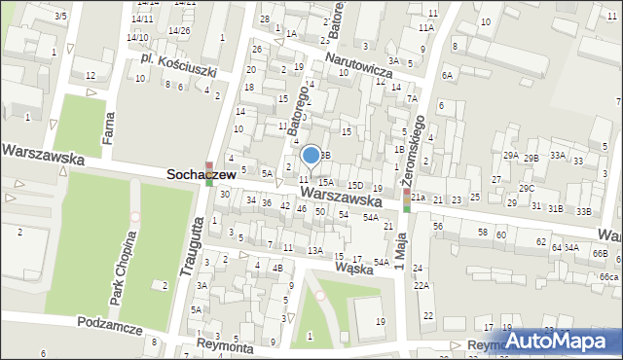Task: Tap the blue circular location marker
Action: [x=311, y=155]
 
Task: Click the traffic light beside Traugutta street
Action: [x=209, y=174]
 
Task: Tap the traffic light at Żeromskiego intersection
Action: [x=407, y=199]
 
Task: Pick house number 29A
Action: [x=510, y=156]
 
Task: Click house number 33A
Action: [x=558, y=156]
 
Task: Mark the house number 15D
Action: [x=355, y=185]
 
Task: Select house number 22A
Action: [x=421, y=285]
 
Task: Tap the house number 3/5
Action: [x=61, y=16]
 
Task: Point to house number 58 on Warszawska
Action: [x=482, y=232]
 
